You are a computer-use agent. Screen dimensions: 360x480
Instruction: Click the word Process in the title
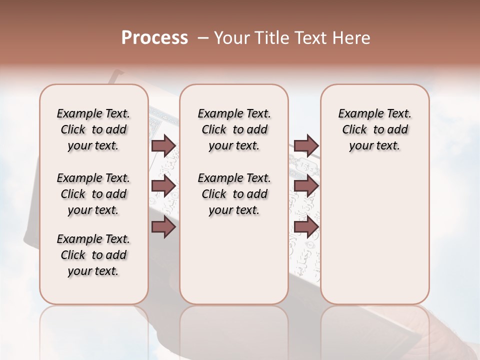(x=154, y=37)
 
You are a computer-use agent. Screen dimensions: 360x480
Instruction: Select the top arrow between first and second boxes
(x=163, y=145)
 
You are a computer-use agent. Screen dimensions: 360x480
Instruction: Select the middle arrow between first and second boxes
(x=163, y=186)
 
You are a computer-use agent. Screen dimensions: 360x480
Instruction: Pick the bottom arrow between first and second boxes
(x=163, y=226)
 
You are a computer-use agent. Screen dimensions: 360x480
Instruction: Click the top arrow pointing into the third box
(x=306, y=145)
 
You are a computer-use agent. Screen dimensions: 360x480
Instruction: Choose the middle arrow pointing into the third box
(x=306, y=186)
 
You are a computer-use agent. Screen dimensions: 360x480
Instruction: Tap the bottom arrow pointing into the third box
(x=306, y=226)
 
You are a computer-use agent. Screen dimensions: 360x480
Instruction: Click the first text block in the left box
(x=93, y=129)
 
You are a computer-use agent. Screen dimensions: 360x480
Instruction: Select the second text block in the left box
(x=93, y=194)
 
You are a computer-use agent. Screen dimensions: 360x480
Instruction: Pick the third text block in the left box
(x=93, y=255)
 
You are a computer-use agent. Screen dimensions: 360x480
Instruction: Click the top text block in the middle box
(x=234, y=129)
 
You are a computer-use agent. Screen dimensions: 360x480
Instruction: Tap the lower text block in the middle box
(x=234, y=194)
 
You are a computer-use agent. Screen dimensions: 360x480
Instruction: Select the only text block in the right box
(x=374, y=129)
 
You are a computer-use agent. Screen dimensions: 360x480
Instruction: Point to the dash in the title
(x=203, y=38)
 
